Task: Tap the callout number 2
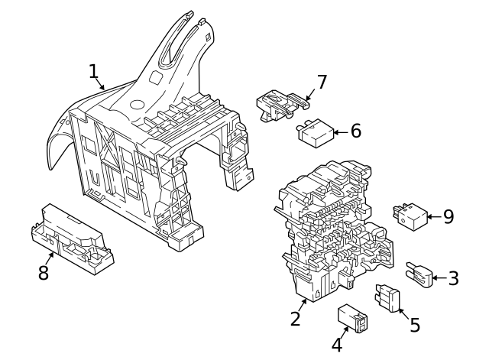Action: [x=296, y=318]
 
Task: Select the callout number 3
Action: [x=453, y=278]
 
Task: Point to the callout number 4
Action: [x=337, y=345]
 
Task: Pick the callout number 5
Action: [x=415, y=325]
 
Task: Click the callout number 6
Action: [x=355, y=131]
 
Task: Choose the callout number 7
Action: [x=322, y=82]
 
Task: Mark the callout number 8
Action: [x=44, y=272]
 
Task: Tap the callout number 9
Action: [x=449, y=216]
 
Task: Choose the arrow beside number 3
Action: [x=439, y=278]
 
